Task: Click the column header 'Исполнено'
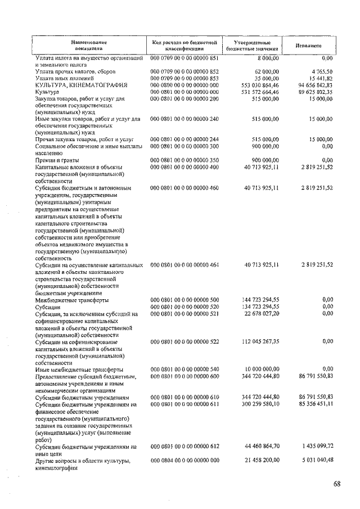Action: tap(307, 45)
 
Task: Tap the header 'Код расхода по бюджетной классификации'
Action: tap(184, 46)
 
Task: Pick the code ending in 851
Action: tap(184, 58)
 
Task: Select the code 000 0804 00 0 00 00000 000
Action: tap(184, 461)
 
